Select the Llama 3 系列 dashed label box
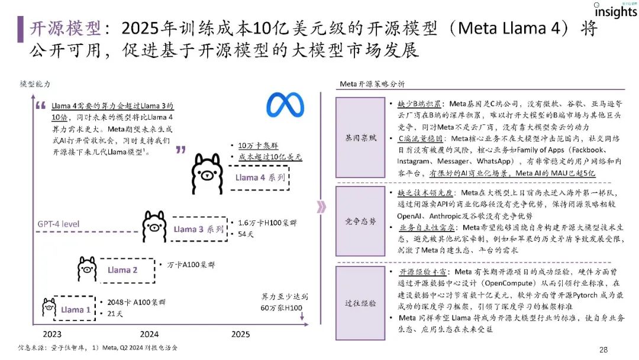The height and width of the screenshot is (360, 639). (198, 229)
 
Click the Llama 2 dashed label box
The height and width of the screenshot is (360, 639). (122, 270)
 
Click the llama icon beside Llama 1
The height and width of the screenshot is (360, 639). (49, 308)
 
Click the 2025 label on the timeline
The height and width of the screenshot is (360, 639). (240, 334)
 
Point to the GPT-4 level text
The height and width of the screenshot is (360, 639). (59, 224)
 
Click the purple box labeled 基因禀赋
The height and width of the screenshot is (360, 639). (360, 137)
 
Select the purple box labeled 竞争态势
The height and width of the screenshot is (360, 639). (360, 221)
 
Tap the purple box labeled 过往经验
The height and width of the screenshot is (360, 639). (360, 303)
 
